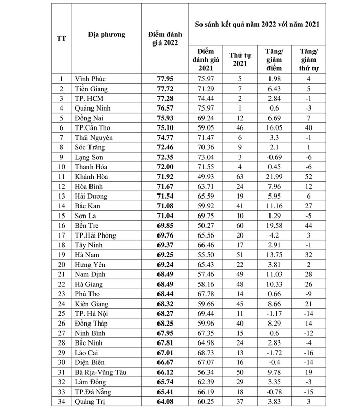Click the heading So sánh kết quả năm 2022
click(x=259, y=24)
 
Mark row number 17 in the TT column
click(x=61, y=235)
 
